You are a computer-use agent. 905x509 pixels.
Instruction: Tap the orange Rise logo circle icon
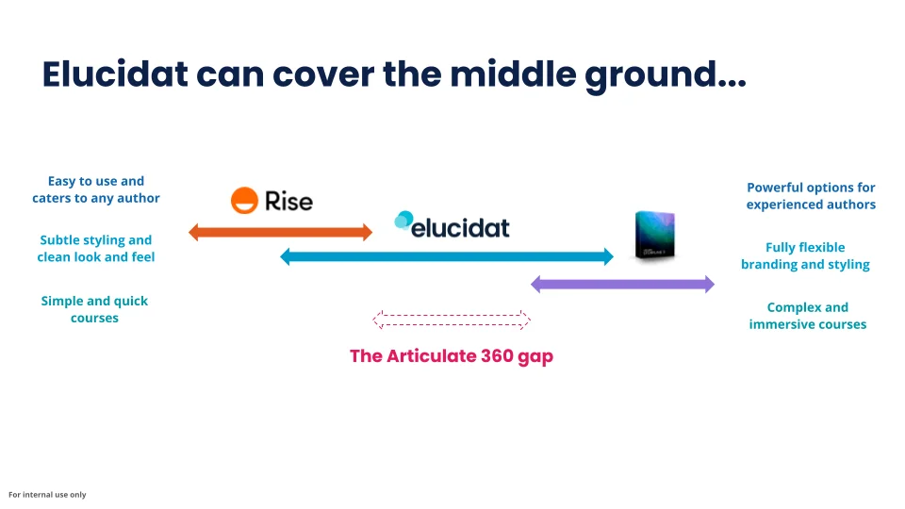click(x=244, y=200)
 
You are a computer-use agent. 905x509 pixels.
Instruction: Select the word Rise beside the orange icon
click(x=288, y=201)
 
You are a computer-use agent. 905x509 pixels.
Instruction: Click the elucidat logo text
click(x=460, y=226)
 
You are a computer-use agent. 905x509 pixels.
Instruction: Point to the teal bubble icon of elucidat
click(x=403, y=222)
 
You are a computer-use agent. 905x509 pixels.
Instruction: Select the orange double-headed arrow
click(x=281, y=232)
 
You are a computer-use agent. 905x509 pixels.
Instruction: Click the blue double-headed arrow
click(x=447, y=255)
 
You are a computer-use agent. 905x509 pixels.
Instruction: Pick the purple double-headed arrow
click(x=622, y=284)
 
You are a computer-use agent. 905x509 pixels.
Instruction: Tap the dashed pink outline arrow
click(x=452, y=320)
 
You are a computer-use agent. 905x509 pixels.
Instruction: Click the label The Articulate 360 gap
click(x=451, y=356)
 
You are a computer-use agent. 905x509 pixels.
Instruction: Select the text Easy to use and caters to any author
click(x=96, y=189)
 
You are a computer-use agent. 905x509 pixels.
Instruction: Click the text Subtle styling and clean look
click(x=96, y=249)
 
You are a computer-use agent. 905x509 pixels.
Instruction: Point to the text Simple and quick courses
click(x=94, y=309)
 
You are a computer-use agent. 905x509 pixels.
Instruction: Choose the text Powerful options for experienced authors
click(x=811, y=196)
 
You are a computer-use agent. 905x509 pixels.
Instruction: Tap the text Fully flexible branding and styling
click(x=805, y=255)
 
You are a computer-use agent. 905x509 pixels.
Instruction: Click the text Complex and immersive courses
click(x=807, y=316)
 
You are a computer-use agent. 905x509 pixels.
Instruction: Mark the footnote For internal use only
click(x=47, y=495)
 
